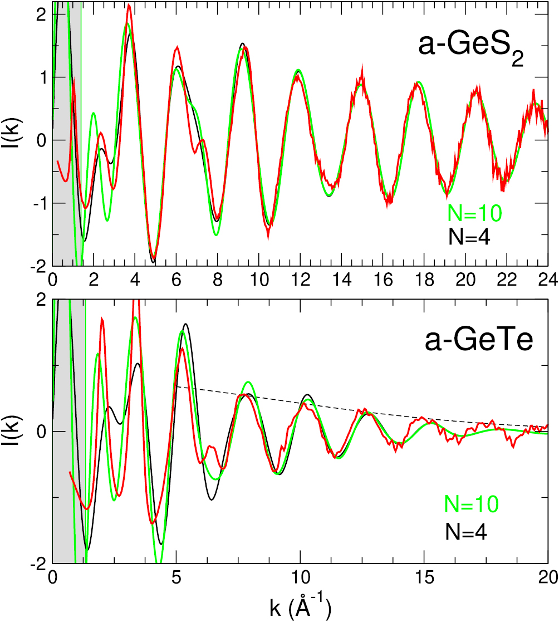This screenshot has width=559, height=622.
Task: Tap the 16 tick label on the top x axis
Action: [382, 278]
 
